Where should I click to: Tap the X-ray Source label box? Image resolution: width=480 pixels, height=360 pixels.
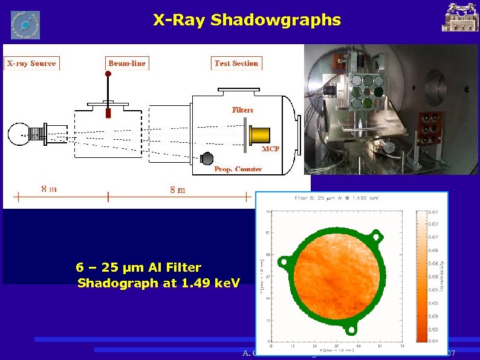(x=31, y=63)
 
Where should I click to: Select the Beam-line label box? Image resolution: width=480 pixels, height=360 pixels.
(x=127, y=63)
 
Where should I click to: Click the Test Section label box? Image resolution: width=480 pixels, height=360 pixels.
(x=236, y=63)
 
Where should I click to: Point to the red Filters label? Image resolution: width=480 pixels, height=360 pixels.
(x=242, y=110)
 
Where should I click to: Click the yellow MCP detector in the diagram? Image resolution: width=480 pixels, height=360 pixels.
(x=260, y=135)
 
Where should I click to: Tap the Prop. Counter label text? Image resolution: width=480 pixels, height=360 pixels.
(x=238, y=169)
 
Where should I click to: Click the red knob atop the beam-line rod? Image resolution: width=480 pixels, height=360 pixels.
(x=109, y=75)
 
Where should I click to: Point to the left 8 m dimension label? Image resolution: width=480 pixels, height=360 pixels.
(x=49, y=189)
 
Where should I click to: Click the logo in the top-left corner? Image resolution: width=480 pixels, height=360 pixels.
(x=25, y=25)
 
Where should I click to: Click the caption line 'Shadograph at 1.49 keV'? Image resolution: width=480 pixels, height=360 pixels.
(x=159, y=283)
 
